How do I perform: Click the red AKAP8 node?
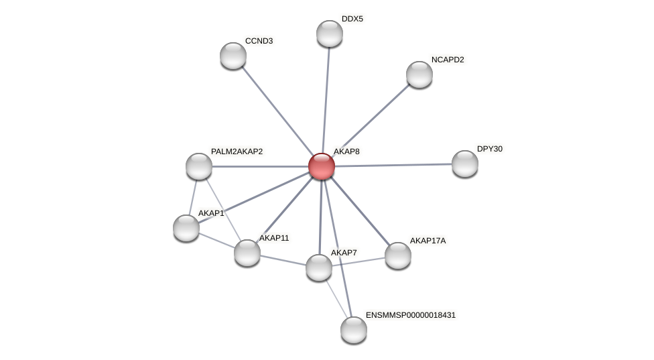pos(322,166)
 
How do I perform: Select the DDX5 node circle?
pos(330,34)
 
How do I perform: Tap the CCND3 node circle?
pos(233,56)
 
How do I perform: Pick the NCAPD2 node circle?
pos(419,74)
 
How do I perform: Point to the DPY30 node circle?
pos(465,164)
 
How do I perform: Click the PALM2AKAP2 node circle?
pos(199,166)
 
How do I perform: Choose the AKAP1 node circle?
pos(186,228)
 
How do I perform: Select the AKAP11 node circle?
pos(247,253)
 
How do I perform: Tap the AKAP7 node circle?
pos(319,267)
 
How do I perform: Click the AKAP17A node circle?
pos(398,255)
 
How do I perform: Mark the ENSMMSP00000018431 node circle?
pos(354,330)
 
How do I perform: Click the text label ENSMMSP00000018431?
pos(410,315)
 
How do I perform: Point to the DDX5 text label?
pos(352,19)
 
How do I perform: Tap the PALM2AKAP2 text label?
pos(237,152)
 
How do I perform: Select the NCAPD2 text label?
pos(447,60)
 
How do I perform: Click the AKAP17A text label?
pos(427,241)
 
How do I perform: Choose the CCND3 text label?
pos(259,41)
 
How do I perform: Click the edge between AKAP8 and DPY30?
pos(395,165)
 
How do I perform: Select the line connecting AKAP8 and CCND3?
pos(276,109)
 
